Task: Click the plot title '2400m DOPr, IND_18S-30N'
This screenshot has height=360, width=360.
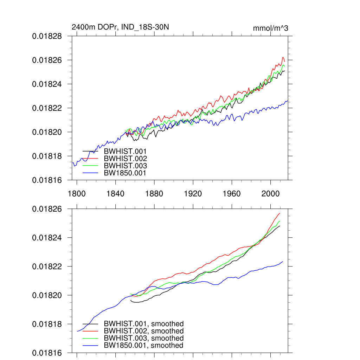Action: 120,27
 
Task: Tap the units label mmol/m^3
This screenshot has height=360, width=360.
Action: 270,28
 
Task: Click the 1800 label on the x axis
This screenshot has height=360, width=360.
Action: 77,194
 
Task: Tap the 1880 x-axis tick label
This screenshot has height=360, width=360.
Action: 154,194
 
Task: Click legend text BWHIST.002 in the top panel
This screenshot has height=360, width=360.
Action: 125,159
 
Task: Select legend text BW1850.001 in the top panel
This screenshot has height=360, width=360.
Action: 125,173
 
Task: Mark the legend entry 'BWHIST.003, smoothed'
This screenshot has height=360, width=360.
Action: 143,338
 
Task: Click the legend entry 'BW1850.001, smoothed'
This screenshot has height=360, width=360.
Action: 143,345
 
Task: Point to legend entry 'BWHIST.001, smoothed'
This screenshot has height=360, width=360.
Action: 143,324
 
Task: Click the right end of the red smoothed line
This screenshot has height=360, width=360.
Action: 280,213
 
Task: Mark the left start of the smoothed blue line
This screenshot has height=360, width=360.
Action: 77,331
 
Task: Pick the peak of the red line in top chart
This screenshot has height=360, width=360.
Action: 283,57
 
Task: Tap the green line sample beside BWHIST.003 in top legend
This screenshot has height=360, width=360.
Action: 90,166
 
